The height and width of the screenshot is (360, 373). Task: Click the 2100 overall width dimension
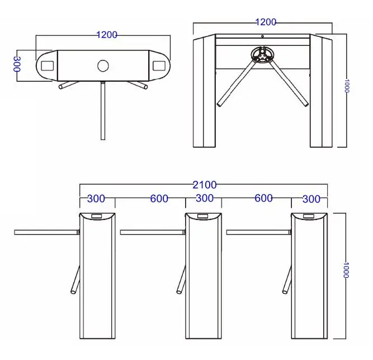204,185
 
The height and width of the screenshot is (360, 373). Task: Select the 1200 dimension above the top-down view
107,35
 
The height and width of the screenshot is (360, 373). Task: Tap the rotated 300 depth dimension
17,64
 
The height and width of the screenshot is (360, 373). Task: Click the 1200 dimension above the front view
266,22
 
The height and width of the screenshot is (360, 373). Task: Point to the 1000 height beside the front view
346,86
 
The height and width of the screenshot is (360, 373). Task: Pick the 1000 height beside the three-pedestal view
346,270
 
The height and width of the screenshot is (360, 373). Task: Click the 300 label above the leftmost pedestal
96,199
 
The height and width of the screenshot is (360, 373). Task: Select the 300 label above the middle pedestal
204,198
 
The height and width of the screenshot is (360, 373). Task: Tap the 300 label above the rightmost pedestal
311,199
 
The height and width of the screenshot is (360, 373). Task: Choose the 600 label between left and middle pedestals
159,199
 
